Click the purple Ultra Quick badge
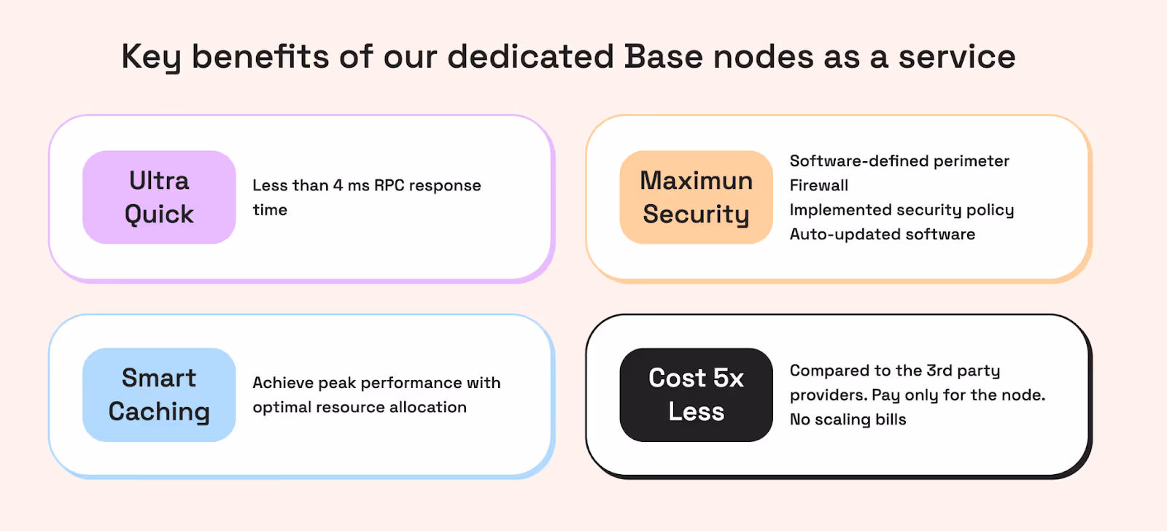click(x=159, y=197)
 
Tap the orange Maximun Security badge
click(x=696, y=197)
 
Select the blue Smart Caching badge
click(x=159, y=395)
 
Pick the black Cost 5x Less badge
click(x=696, y=395)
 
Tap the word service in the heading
click(x=957, y=57)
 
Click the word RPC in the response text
click(x=389, y=185)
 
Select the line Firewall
click(x=819, y=185)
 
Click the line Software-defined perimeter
click(x=899, y=161)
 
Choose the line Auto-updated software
click(x=883, y=234)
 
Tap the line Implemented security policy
click(x=902, y=210)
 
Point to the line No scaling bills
click(x=848, y=419)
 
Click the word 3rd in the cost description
click(x=939, y=371)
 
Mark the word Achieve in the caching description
click(x=283, y=383)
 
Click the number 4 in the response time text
click(x=338, y=185)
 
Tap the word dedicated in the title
click(x=530, y=57)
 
